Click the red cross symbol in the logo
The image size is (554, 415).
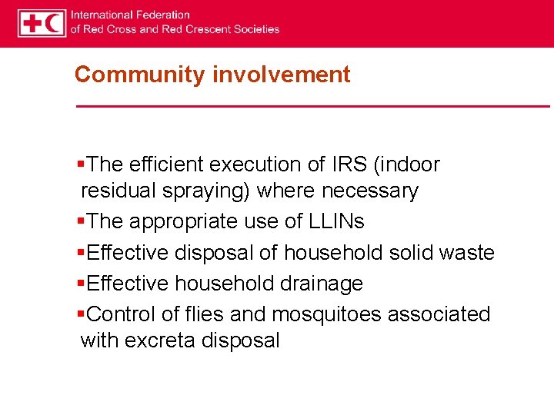tap(32, 23)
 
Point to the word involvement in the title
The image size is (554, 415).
tap(281, 75)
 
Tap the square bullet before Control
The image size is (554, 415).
tap(82, 314)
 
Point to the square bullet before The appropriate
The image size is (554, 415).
tap(82, 221)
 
